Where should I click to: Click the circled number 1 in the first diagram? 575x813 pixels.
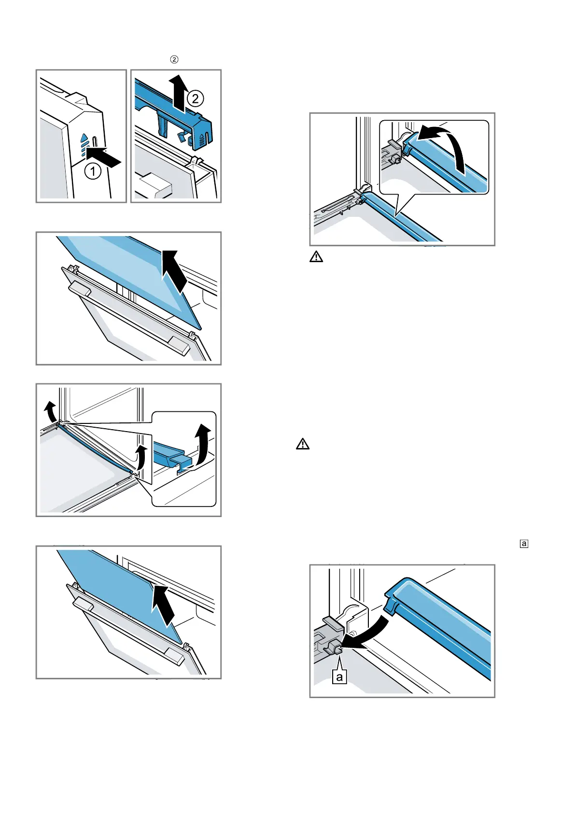pos(93,171)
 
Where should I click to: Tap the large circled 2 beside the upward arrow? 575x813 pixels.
pos(195,99)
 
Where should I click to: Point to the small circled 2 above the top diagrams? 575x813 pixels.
pos(174,59)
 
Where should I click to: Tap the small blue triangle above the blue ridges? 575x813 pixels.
pos(84,139)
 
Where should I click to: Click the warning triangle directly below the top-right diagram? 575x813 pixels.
pos(316,257)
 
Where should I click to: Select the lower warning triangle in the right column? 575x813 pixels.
pos(303,444)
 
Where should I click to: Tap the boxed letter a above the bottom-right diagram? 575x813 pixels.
pos(524,544)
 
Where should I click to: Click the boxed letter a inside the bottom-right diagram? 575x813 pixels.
pos(339,677)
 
